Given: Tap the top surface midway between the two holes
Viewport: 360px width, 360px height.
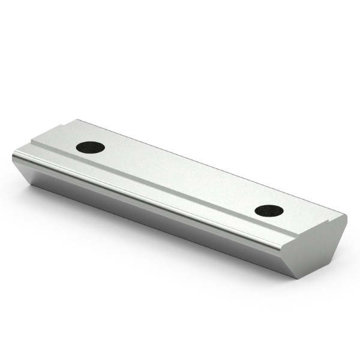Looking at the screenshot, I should point(180,178).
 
